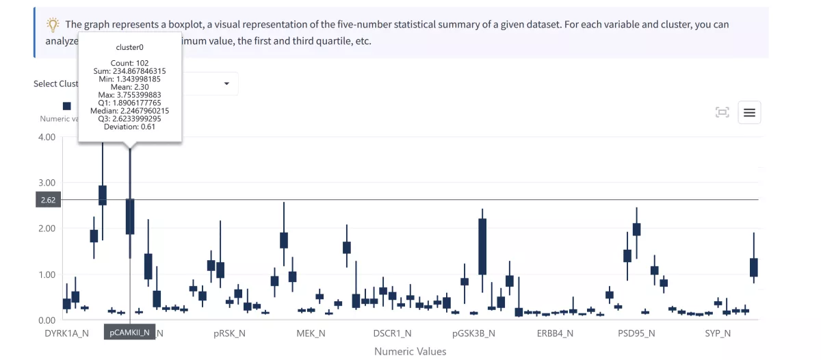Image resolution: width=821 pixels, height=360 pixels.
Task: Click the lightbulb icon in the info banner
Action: click(x=53, y=25)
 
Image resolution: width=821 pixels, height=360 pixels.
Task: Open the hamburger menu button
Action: click(x=749, y=113)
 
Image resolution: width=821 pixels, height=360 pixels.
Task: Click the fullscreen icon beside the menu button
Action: click(x=722, y=113)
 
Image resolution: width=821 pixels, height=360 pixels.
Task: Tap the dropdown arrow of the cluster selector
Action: click(x=226, y=83)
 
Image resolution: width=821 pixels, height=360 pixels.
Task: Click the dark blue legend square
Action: click(x=66, y=106)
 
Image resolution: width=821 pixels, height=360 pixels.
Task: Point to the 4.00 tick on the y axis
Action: click(x=46, y=137)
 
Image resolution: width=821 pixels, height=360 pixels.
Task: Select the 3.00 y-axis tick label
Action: click(x=46, y=183)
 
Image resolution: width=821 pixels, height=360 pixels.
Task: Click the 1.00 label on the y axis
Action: click(x=46, y=274)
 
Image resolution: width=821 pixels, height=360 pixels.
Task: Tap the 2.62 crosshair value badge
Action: click(x=48, y=200)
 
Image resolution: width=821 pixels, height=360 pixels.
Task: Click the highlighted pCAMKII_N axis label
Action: click(x=129, y=333)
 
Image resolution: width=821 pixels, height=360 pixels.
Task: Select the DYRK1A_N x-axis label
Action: click(x=66, y=333)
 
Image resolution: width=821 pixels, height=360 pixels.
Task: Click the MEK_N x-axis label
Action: click(x=311, y=333)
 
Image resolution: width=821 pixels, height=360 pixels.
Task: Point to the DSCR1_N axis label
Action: click(x=392, y=333)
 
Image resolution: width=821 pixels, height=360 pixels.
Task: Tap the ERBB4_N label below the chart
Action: click(x=556, y=333)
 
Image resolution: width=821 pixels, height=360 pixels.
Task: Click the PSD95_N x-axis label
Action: click(x=636, y=333)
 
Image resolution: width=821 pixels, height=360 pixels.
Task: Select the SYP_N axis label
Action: click(x=718, y=333)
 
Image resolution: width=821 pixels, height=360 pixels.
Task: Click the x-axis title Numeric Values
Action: click(x=410, y=351)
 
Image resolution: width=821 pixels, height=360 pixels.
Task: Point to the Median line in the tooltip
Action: click(x=130, y=110)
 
